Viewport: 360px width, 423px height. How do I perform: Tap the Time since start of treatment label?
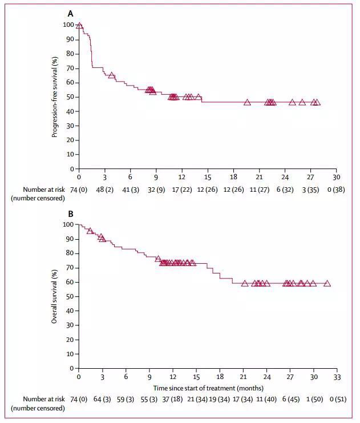point(208,388)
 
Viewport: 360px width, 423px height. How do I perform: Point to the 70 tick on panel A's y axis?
point(69,68)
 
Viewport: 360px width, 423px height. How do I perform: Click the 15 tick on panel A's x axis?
point(208,178)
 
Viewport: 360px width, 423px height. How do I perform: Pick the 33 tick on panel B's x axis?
point(337,377)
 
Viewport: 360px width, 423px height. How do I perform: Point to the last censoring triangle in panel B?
point(327,283)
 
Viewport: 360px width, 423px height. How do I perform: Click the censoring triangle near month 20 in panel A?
point(247,102)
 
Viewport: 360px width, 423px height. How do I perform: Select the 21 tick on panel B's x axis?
point(243,377)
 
